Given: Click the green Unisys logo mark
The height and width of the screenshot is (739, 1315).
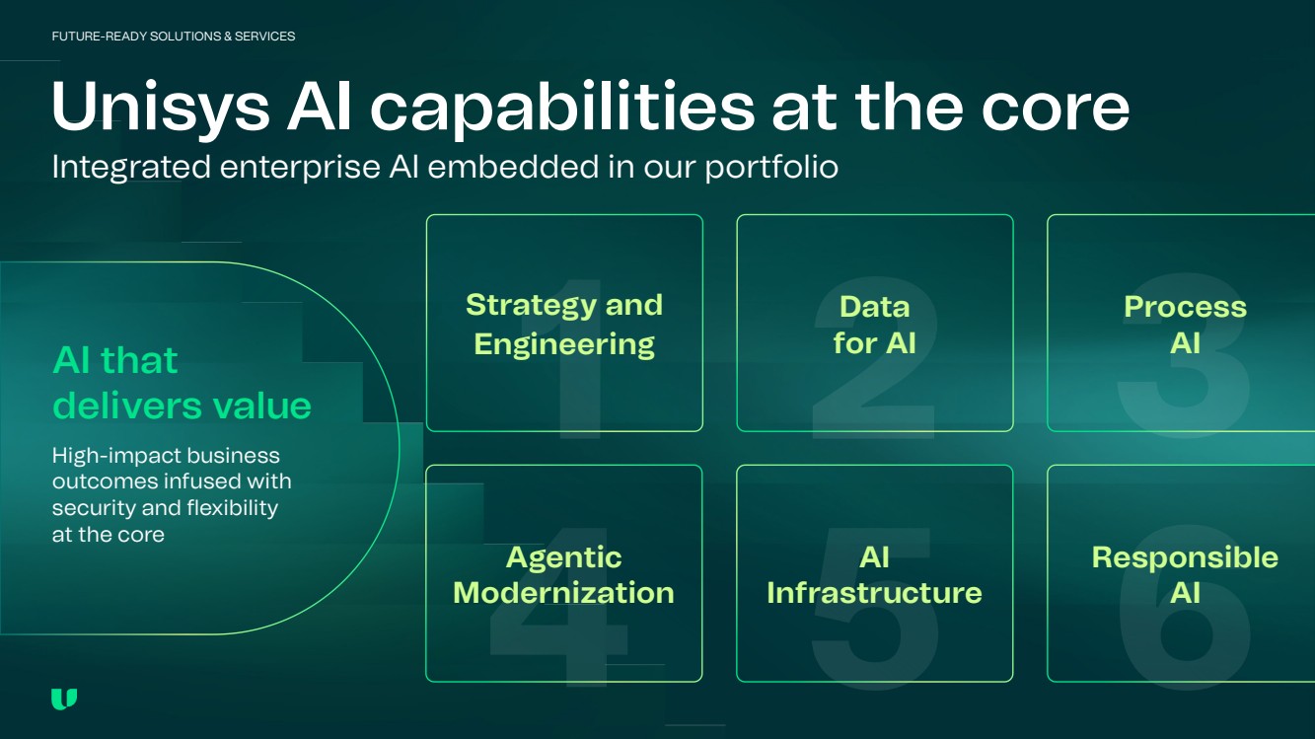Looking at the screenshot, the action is [64, 699].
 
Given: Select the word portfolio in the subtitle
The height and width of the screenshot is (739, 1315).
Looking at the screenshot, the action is [771, 168].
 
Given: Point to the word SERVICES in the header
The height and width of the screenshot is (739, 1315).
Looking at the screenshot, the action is [264, 37].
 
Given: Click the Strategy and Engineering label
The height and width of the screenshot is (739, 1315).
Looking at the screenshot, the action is [564, 324].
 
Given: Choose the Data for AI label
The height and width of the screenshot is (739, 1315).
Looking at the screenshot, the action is [875, 325].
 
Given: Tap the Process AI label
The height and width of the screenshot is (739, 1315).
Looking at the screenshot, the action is [1185, 325].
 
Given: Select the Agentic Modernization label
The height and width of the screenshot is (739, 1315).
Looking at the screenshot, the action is [563, 574].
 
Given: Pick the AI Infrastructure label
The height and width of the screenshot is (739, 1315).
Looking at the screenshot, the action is [874, 574].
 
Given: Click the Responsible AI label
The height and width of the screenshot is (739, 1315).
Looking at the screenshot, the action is [1185, 574].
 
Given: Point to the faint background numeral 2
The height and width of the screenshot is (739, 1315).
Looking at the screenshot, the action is [874, 358].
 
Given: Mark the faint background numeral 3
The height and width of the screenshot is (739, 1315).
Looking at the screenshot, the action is [1184, 356].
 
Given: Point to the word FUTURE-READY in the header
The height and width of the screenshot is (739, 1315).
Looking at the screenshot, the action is [99, 37].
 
